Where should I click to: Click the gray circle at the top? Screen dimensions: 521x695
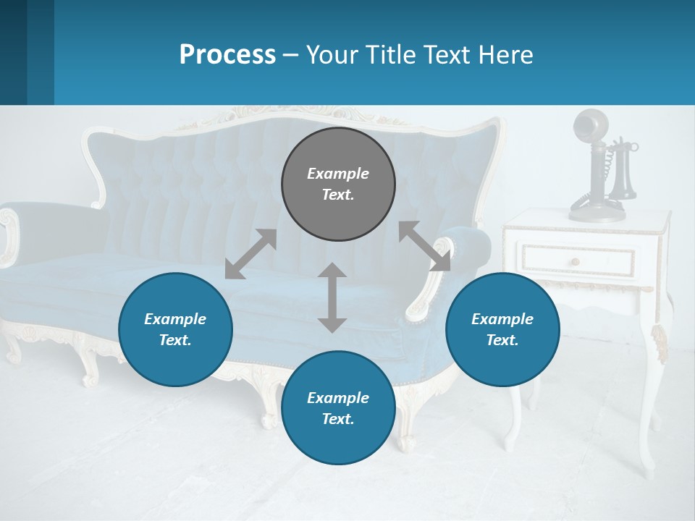pyautogui.click(x=338, y=185)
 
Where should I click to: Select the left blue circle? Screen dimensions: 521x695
pyautogui.click(x=175, y=329)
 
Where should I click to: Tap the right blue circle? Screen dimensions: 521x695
pyautogui.click(x=502, y=329)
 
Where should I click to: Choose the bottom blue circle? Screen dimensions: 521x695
pyautogui.click(x=338, y=408)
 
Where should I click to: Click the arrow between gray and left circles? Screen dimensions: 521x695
pyautogui.click(x=250, y=254)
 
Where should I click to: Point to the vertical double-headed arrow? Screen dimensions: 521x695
pyautogui.click(x=332, y=297)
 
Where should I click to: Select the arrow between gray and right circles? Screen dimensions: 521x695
pyautogui.click(x=425, y=246)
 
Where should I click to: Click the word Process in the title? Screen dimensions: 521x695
pyautogui.click(x=227, y=55)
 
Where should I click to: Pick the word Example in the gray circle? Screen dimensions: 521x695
pyautogui.click(x=338, y=174)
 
